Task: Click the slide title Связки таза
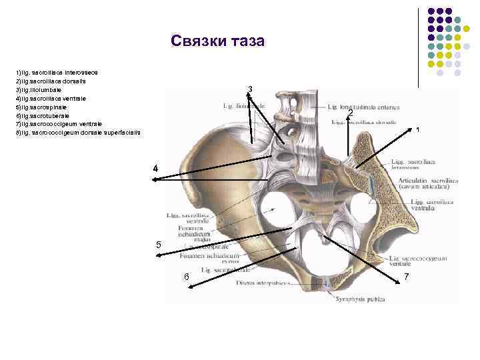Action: click(x=217, y=41)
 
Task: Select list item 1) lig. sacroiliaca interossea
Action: click(x=61, y=71)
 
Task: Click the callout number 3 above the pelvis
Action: click(x=250, y=89)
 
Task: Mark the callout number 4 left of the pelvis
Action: click(x=155, y=169)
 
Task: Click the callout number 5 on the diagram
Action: click(x=158, y=245)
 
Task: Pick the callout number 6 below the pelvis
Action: click(x=187, y=277)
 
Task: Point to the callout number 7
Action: click(x=407, y=276)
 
